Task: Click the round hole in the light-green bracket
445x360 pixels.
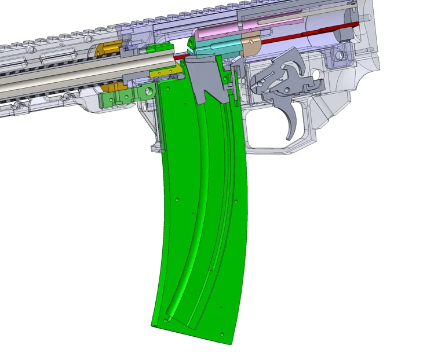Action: (x=149, y=91)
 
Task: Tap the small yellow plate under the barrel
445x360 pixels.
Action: (x=163, y=73)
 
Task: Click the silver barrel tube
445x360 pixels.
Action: (x=87, y=72)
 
